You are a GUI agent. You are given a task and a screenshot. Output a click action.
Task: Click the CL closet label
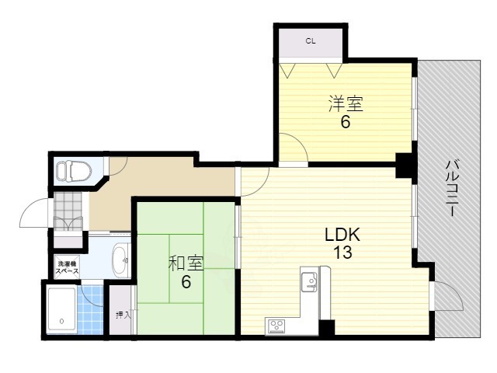[x=311, y=41]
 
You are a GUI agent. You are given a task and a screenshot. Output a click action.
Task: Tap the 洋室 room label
[x=346, y=103]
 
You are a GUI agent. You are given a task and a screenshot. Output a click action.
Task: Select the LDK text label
[x=342, y=235]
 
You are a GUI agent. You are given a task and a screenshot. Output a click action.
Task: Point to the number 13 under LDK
[x=342, y=253]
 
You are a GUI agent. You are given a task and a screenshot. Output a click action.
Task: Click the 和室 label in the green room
[x=186, y=263]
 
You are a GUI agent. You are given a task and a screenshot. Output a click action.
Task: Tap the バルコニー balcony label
[x=453, y=189]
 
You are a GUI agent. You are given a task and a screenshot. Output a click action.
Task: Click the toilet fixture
[x=74, y=171]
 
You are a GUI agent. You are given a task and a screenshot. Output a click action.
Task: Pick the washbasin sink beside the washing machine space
[x=121, y=260]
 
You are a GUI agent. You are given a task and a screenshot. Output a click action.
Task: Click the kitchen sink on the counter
[x=308, y=281]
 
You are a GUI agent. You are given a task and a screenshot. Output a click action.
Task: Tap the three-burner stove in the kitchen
[x=276, y=326]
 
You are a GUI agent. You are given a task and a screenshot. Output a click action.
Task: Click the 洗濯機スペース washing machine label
[x=68, y=267]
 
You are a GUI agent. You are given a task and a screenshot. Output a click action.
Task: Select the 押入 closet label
[x=123, y=315]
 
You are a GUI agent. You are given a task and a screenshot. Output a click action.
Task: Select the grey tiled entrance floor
[x=68, y=211]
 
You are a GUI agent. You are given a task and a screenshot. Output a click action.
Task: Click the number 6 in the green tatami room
[x=186, y=281]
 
